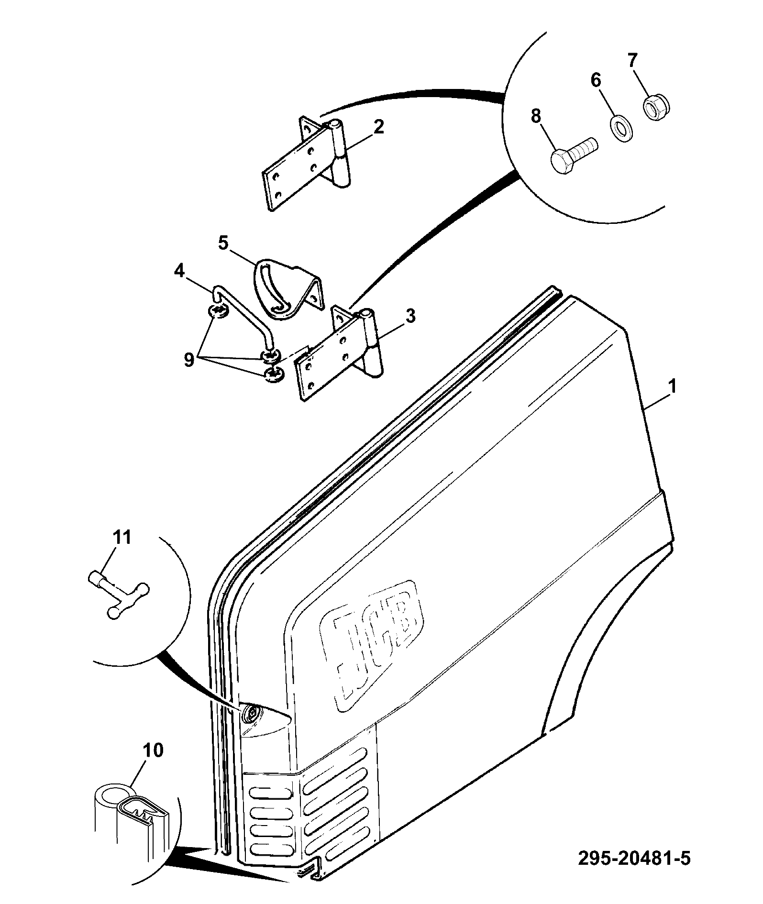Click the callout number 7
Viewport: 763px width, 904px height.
[x=632, y=61]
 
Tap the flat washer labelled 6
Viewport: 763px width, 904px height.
[x=621, y=127]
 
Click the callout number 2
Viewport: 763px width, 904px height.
[x=378, y=127]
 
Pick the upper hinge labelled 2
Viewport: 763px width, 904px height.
[x=307, y=163]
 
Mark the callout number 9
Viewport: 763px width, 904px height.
[x=188, y=359]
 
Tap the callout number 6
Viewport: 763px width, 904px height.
[x=596, y=80]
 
